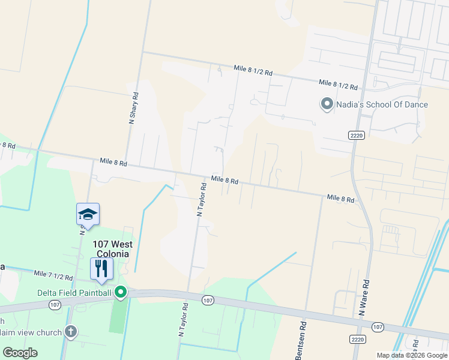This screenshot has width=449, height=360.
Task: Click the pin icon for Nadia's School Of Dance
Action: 327,104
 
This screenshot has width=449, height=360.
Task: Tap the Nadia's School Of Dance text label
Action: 381,104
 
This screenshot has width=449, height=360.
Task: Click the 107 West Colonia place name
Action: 112,249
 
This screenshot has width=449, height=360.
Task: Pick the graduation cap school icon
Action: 88,214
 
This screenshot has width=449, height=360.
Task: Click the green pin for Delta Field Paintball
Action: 121,292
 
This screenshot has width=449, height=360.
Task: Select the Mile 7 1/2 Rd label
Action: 53,276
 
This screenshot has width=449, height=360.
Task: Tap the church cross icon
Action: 71,331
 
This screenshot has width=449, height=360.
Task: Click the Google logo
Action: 20,352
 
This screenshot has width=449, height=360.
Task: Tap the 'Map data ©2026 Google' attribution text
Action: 411,355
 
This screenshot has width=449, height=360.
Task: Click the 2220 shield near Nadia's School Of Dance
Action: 355,136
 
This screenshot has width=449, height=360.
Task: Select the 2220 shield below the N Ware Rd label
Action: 357,339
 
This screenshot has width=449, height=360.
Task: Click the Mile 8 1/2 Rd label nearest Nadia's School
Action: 338,85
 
